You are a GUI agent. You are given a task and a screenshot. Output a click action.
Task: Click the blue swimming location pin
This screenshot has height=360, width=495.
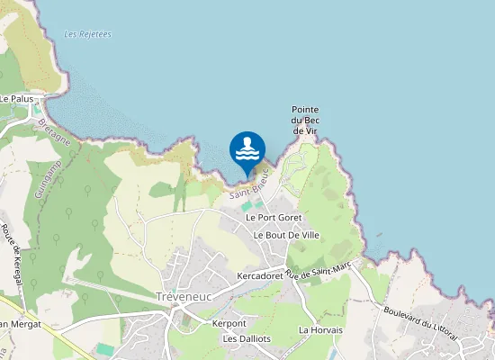[x=247, y=151]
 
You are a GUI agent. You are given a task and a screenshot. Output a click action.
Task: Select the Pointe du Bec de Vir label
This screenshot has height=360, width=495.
[x=305, y=121]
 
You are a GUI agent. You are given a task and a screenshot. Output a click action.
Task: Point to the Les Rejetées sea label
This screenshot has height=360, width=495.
[x=88, y=34]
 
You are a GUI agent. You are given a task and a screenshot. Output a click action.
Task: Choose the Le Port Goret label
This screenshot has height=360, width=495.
[x=273, y=218]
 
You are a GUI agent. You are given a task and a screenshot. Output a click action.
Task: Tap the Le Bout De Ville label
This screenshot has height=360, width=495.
[x=286, y=235]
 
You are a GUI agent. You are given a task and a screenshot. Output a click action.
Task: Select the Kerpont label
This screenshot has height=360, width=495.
[x=229, y=323]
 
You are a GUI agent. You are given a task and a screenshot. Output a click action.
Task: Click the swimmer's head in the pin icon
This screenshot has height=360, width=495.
[x=247, y=141]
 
